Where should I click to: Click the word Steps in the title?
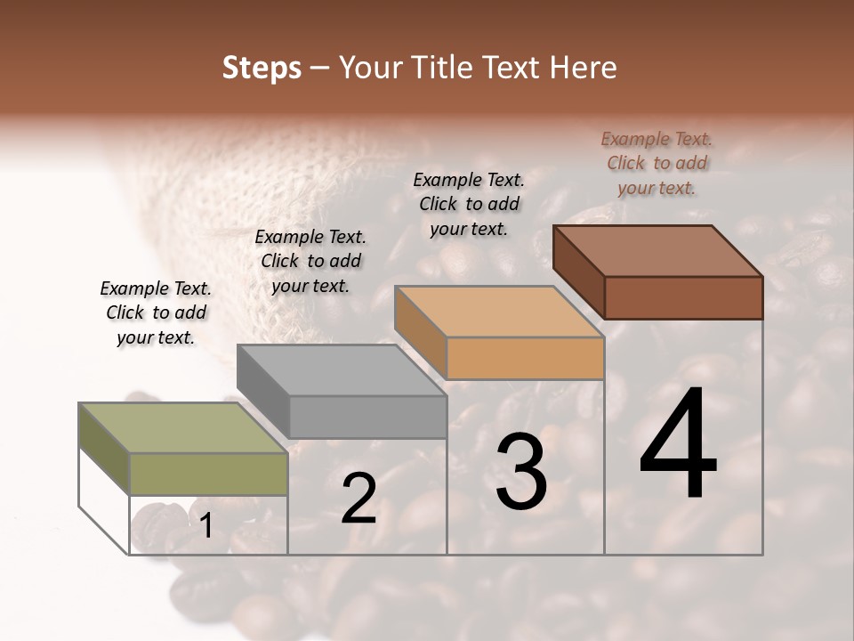pos(262,68)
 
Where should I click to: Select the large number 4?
pos(679,445)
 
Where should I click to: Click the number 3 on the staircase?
pos(521,471)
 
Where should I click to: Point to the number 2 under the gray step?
pos(359,499)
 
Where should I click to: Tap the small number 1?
pos(206,526)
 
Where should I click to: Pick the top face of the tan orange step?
pos(499,312)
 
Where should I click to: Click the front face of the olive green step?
pos(209,474)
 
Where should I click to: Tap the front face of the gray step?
pos(367,417)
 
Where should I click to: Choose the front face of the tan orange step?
pos(525,359)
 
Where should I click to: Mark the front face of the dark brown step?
pos(683,297)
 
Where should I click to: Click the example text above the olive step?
pos(156,312)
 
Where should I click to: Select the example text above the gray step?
pos(310,261)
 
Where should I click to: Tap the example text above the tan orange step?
pos(469,204)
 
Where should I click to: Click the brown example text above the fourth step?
pos(657,163)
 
